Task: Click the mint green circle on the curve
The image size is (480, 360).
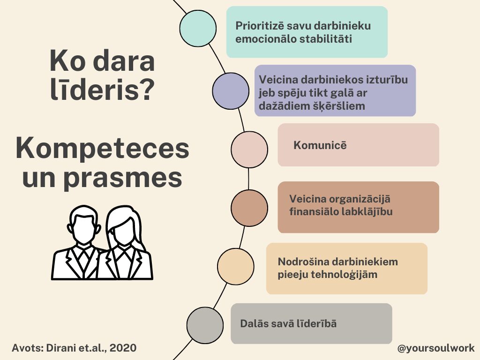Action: [198, 28]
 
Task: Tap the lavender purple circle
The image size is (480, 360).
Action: [231, 91]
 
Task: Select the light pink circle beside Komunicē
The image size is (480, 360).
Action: [249, 150]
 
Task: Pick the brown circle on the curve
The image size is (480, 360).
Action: [249, 208]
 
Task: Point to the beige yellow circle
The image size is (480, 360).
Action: [236, 266]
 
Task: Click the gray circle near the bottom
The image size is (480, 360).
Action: [205, 325]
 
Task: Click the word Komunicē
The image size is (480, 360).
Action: [320, 145]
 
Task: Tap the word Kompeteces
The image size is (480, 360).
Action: [102, 149]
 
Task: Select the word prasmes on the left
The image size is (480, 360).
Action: [123, 179]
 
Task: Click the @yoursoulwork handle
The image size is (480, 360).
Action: [435, 348]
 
